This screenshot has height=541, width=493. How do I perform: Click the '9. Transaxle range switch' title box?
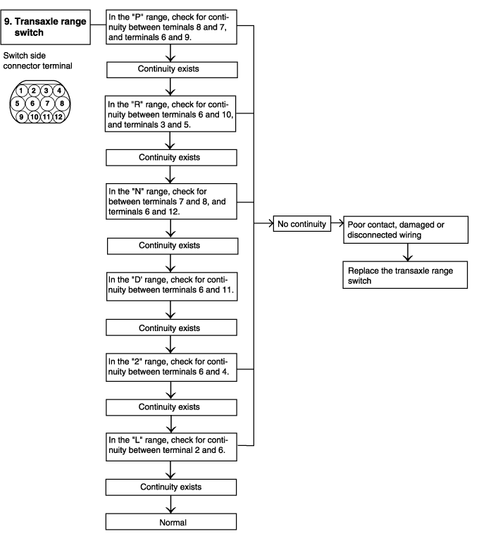pyautogui.click(x=46, y=27)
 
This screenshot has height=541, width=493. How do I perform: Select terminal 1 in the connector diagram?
pyautogui.click(x=21, y=91)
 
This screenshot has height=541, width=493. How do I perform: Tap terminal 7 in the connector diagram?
pyautogui.click(x=47, y=103)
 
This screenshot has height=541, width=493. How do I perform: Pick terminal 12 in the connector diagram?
pyautogui.click(x=58, y=117)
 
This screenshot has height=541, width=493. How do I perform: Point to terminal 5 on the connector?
pyautogui.click(x=17, y=103)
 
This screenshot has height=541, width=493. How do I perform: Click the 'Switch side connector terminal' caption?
pyautogui.click(x=37, y=61)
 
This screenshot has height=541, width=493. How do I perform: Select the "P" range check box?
pyautogui.click(x=171, y=27)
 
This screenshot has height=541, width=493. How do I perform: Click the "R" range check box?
pyautogui.click(x=170, y=114)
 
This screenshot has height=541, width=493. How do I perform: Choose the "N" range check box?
pyautogui.click(x=171, y=201)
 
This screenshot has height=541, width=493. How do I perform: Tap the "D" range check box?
pyautogui.click(x=172, y=287)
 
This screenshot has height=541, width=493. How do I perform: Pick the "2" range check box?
pyautogui.click(x=171, y=367)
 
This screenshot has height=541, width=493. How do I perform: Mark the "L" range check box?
pyautogui.click(x=171, y=447)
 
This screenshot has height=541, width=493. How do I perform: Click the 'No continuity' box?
pyautogui.click(x=302, y=223)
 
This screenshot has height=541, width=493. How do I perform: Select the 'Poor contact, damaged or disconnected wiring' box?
pyautogui.click(x=406, y=230)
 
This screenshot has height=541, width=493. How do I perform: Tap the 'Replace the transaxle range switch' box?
pyautogui.click(x=406, y=275)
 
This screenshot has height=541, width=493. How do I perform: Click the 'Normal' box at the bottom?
pyautogui.click(x=171, y=522)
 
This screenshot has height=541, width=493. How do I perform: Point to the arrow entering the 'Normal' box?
pyautogui.click(x=170, y=505)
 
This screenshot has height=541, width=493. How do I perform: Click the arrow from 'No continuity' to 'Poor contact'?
pyautogui.click(x=337, y=223)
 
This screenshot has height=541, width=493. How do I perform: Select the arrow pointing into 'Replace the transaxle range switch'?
pyautogui.click(x=408, y=252)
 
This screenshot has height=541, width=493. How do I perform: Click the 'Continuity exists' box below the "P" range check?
pyautogui.click(x=172, y=70)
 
